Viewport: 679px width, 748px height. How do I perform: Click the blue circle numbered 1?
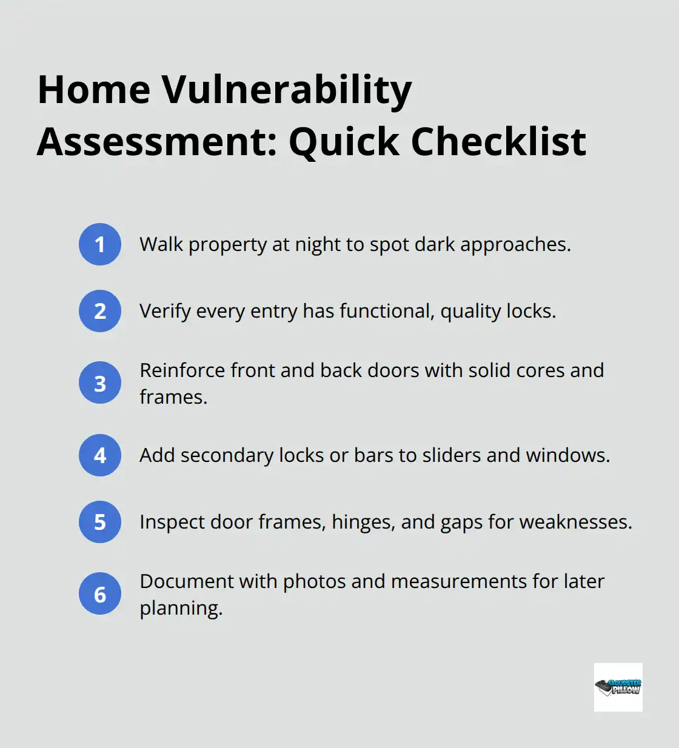tap(100, 244)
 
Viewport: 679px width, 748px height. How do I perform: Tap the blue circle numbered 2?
tap(100, 311)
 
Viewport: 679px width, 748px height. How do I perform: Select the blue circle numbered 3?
tap(100, 383)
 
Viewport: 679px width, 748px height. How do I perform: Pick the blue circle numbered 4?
tap(100, 455)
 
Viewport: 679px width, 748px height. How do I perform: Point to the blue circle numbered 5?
tap(100, 522)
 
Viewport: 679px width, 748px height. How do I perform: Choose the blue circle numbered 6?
tap(100, 594)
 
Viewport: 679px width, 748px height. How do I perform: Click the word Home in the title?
tap(94, 90)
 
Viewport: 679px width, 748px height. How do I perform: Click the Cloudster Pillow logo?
tap(618, 687)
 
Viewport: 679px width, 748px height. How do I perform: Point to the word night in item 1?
tap(317, 245)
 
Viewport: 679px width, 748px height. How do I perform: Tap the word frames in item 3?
tap(173, 397)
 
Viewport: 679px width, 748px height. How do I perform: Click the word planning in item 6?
tap(181, 609)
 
